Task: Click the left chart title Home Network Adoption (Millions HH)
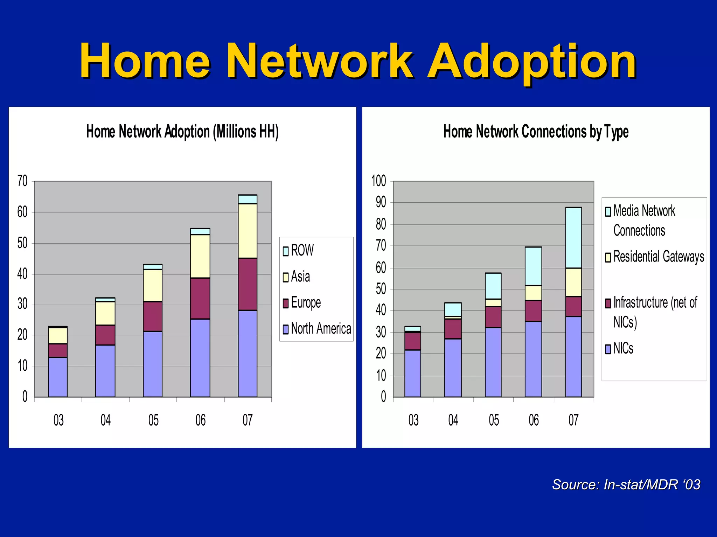[x=182, y=132]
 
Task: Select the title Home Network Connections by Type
[x=536, y=132]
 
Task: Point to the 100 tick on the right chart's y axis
[x=378, y=181]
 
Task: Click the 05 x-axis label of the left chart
[x=153, y=420]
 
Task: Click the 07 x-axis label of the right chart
[x=573, y=420]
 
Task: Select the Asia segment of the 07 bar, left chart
[x=248, y=231]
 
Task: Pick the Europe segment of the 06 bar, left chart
[x=200, y=298]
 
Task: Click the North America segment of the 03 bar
[x=58, y=377]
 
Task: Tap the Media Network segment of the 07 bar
[x=573, y=238]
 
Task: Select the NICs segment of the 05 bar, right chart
[x=493, y=362]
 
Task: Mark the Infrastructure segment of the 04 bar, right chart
[x=453, y=329]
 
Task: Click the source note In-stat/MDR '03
[x=626, y=484]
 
